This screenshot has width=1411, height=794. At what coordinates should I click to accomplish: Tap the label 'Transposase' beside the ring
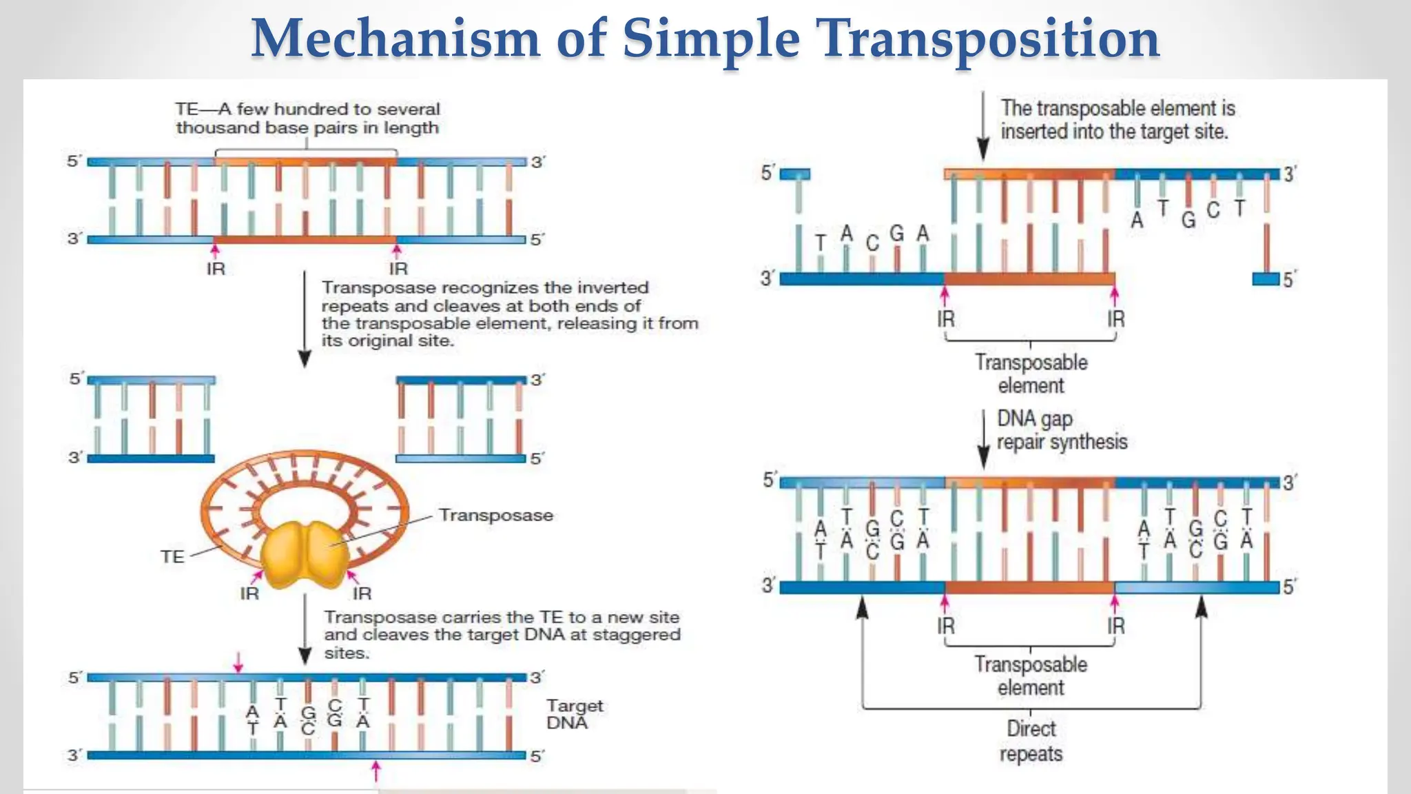[496, 516]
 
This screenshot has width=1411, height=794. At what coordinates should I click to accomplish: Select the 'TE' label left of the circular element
[172, 557]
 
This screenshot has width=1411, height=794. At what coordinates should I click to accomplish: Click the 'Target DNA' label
[573, 714]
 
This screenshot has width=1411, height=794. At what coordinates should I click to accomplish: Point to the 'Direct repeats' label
[1031, 741]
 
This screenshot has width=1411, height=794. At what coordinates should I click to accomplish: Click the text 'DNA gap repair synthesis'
[1061, 430]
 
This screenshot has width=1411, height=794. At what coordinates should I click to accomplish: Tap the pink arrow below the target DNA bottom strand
[376, 771]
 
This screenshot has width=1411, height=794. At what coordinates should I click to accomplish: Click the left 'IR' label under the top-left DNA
[216, 269]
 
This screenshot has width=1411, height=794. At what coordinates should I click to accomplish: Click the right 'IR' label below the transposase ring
[362, 593]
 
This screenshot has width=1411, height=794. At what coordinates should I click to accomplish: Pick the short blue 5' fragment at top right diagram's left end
[795, 174]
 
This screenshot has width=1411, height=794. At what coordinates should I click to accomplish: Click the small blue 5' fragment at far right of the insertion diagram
[1266, 279]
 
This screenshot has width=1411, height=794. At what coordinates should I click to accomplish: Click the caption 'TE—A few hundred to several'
[307, 109]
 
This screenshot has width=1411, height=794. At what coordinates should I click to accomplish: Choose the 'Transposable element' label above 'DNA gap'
[1031, 374]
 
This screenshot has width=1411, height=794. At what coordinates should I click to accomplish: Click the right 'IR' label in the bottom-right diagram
[1115, 626]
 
